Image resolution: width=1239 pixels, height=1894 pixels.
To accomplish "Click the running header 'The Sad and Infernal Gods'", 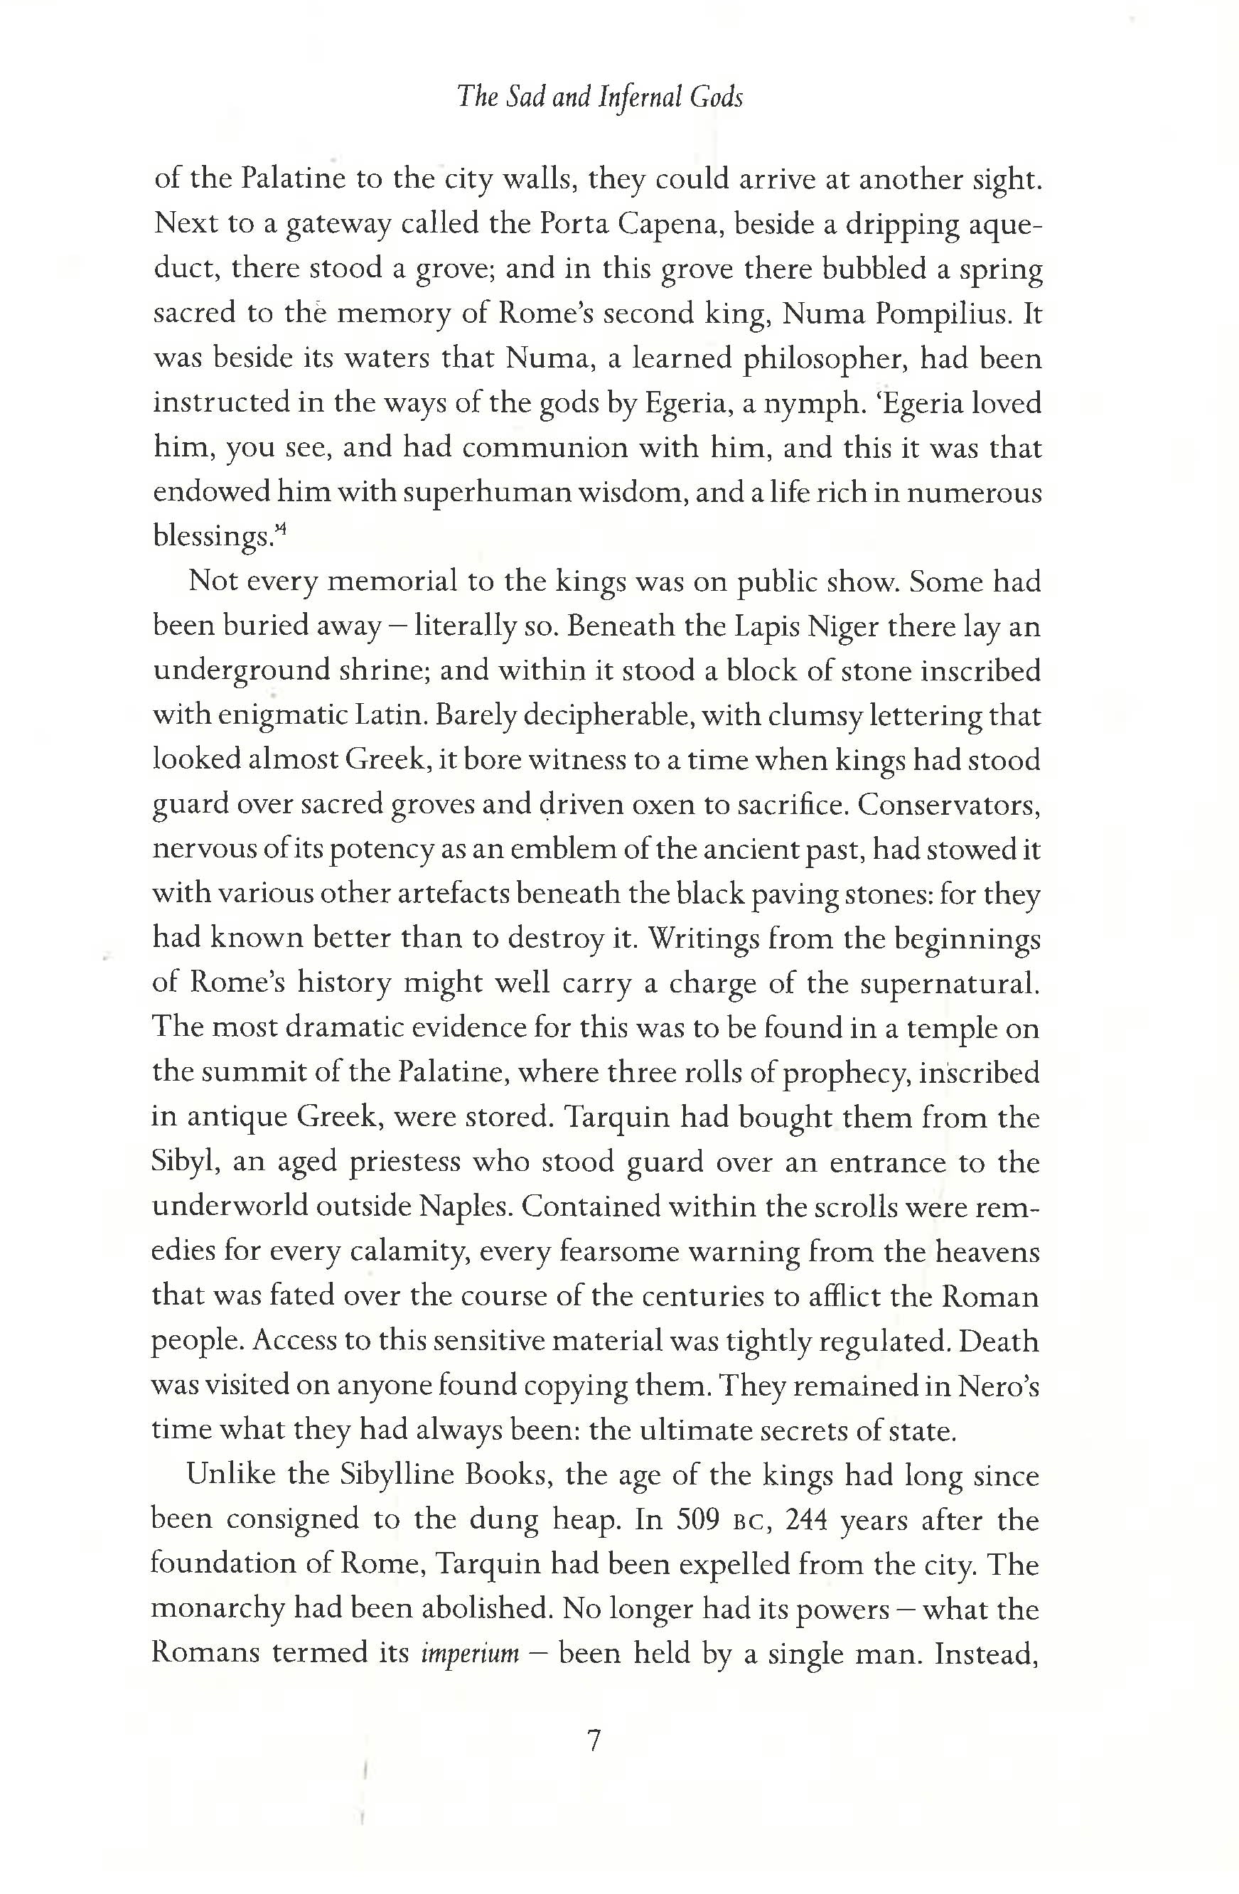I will [x=600, y=97].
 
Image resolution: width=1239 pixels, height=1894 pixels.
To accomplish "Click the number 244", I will [x=807, y=1520].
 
